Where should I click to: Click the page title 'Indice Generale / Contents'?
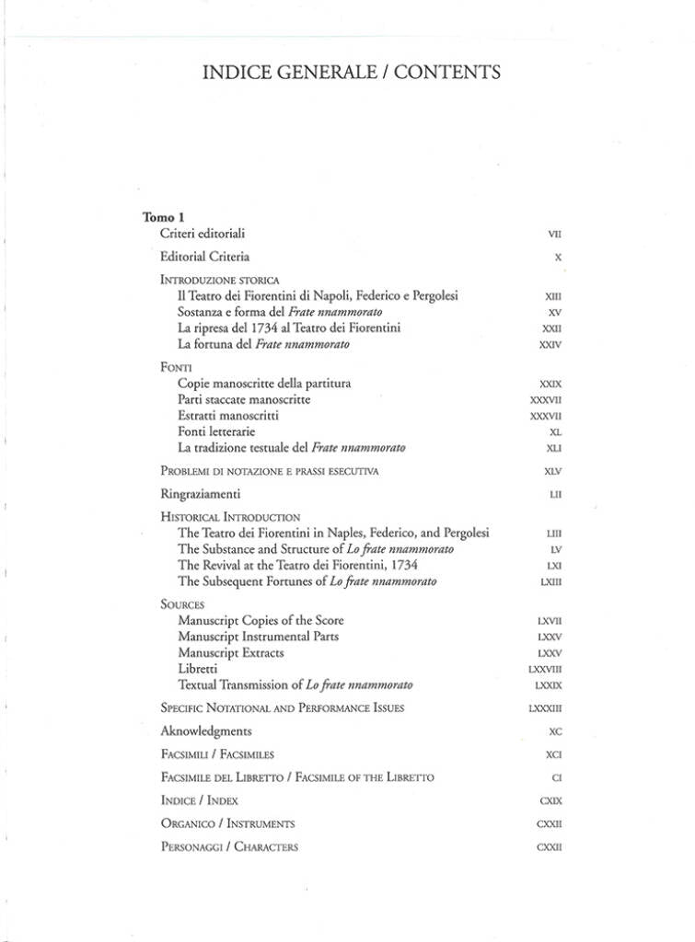[352, 72]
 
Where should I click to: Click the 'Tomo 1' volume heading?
[164, 217]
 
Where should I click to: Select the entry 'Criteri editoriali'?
[203, 234]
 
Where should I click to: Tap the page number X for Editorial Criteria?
[558, 258]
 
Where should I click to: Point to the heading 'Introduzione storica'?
[220, 280]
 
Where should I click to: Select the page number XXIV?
[550, 345]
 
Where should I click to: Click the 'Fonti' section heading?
[176, 367]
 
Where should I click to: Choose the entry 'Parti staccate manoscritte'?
[244, 399]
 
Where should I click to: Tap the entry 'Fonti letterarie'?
[216, 431]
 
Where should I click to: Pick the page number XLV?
[552, 471]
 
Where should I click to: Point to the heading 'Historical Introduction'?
[230, 517]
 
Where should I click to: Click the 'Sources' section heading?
[182, 604]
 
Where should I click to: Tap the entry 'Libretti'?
[198, 669]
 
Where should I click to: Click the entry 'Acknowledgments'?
[206, 731]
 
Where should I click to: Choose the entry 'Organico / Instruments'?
[227, 823]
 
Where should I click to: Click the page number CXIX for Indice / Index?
[550, 800]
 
